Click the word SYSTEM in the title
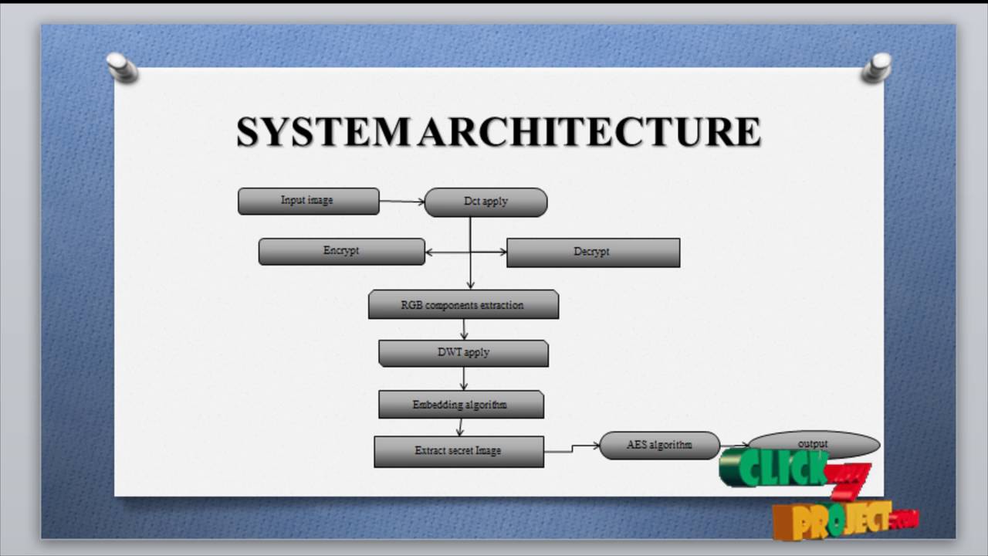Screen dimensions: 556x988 tap(322, 132)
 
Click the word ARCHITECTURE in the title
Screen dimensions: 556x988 tap(589, 132)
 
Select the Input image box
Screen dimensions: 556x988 tap(308, 202)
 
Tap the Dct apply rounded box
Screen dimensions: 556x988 tap(486, 202)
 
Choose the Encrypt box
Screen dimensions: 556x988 tap(341, 252)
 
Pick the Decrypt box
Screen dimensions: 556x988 tap(593, 253)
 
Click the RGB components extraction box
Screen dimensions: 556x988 tap(463, 305)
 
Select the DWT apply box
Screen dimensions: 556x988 tap(463, 353)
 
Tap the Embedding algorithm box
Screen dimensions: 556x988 tap(461, 405)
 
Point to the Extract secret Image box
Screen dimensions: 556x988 tap(458, 452)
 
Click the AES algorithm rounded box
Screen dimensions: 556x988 tap(659, 446)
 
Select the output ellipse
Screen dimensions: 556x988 tap(814, 443)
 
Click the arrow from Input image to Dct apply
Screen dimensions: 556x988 tap(401, 202)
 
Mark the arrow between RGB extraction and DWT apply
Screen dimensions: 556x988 tap(464, 329)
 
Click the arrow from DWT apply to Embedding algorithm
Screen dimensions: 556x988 tap(464, 378)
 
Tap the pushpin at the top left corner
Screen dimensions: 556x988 tap(122, 67)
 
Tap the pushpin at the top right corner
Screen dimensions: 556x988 tap(877, 67)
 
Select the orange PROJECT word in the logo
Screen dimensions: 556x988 tap(834, 520)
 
